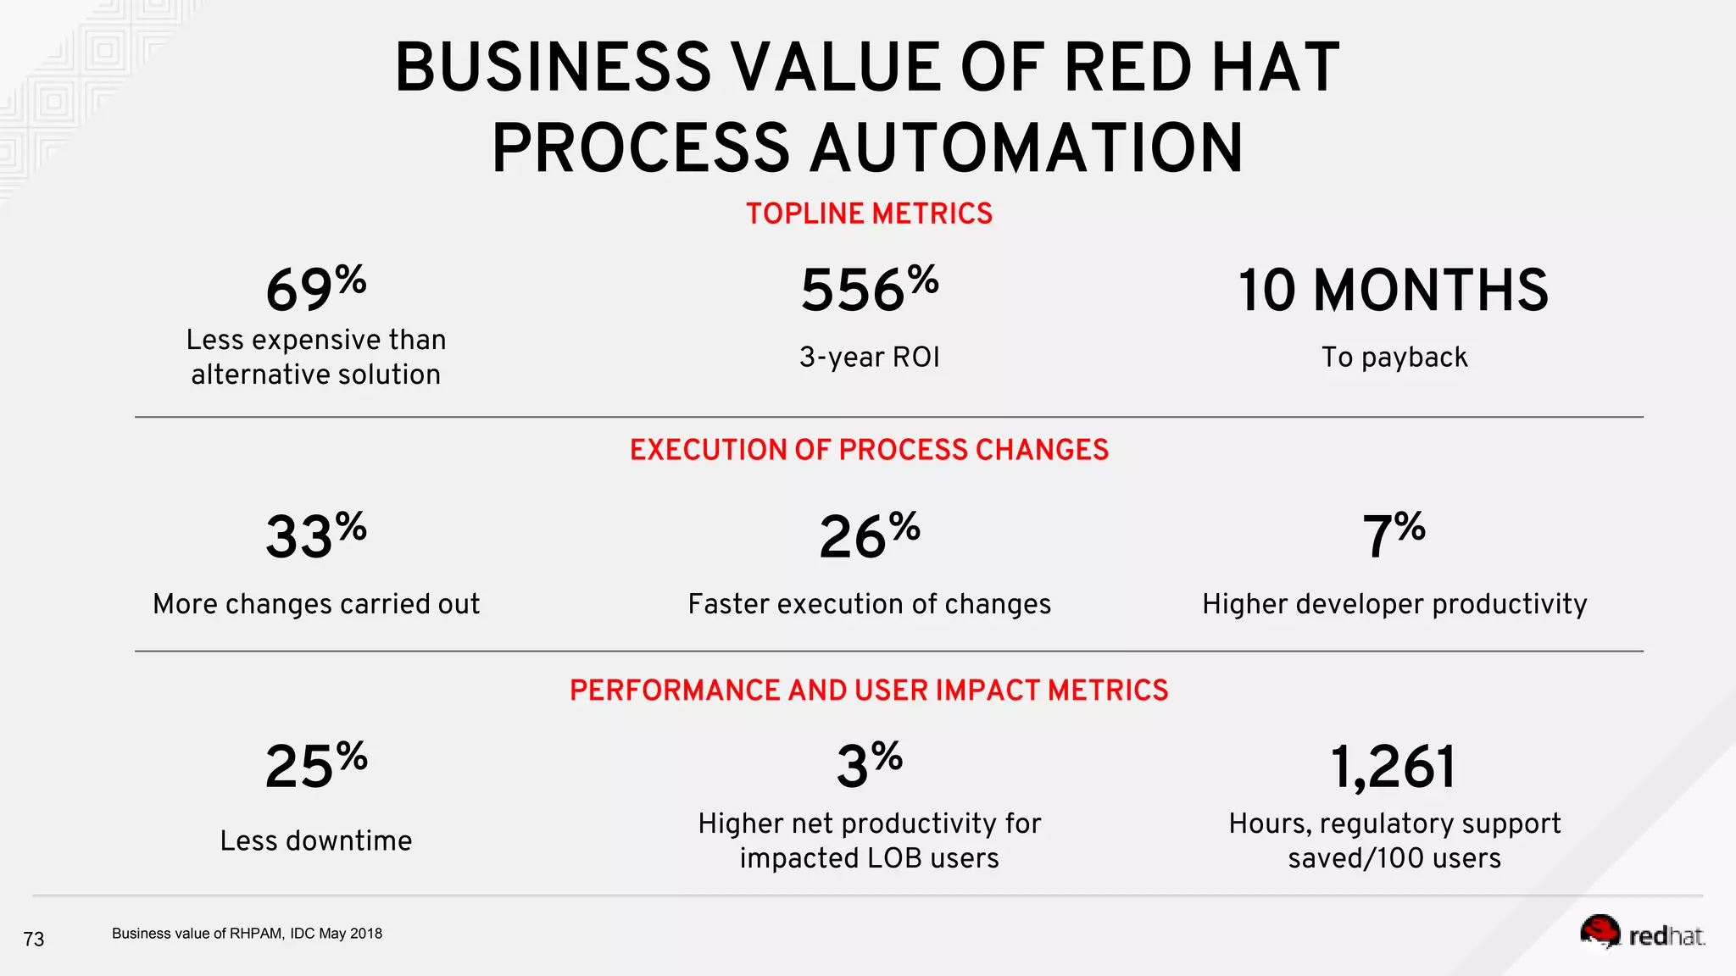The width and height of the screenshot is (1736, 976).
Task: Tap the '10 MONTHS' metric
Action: [1393, 291]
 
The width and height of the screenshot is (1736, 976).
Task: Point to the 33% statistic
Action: [315, 536]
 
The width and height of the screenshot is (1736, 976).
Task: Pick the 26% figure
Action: [869, 536]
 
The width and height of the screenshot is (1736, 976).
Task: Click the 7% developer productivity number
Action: [1393, 536]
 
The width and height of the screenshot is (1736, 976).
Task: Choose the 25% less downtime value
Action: [315, 766]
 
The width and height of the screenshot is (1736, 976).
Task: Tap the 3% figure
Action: [869, 766]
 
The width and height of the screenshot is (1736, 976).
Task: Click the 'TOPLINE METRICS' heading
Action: [869, 213]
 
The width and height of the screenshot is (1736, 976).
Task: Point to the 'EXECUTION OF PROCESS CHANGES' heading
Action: [869, 450]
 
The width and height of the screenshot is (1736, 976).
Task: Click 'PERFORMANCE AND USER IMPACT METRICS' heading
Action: [869, 690]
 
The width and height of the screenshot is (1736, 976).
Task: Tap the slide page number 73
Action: [34, 939]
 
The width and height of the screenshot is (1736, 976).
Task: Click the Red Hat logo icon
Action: [1600, 932]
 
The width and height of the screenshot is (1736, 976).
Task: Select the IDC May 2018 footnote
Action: [247, 934]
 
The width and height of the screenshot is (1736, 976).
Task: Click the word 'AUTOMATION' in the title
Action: [1026, 148]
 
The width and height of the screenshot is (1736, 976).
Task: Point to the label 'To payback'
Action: [1394, 358]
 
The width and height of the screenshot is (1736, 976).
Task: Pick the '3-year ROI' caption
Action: [869, 358]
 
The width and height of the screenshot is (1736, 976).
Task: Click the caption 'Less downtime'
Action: [315, 840]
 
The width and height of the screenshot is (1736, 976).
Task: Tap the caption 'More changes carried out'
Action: [315, 604]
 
